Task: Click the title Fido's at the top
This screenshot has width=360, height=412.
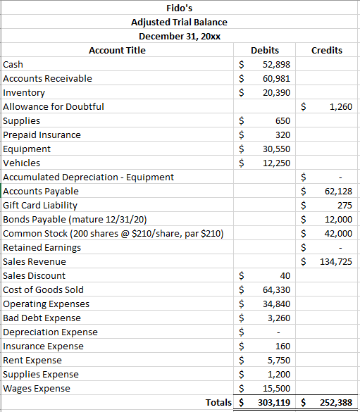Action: (180, 8)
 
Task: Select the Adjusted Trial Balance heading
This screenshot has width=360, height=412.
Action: (180, 22)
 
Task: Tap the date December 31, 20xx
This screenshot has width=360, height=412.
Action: (180, 36)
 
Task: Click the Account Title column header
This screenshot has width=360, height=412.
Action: (117, 50)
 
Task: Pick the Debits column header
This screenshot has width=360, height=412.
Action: (265, 50)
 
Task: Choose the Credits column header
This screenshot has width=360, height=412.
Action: (327, 50)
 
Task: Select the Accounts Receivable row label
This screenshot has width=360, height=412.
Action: (48, 78)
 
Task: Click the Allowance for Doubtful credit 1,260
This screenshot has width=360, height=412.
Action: (340, 106)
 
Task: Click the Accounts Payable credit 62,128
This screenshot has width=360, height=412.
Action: (338, 191)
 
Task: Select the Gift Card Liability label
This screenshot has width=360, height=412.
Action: (40, 205)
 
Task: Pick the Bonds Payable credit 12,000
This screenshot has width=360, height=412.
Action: (338, 219)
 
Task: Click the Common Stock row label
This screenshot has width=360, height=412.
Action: (113, 233)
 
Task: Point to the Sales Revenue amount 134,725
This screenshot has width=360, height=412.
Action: (335, 261)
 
